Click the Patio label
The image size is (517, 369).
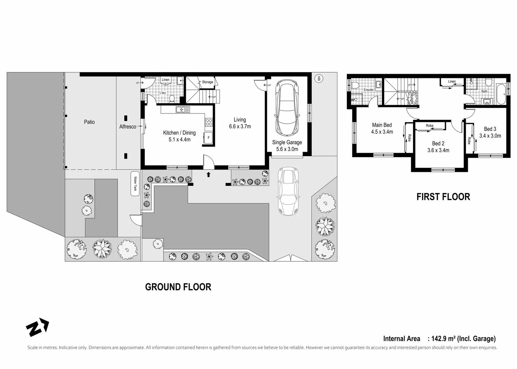pos(89,122)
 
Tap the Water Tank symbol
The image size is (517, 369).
pos(135,184)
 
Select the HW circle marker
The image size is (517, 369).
pos(319,79)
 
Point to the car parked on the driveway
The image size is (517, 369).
pos(288,191)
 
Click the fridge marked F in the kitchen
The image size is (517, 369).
pos(208,138)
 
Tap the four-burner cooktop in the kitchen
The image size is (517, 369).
pos(209,122)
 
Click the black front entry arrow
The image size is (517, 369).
pos(208,175)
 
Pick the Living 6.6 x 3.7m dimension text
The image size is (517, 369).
pos(240,126)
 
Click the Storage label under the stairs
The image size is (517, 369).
pos(207,82)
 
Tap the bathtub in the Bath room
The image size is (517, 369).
pos(501,94)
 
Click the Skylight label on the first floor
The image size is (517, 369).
pos(411,98)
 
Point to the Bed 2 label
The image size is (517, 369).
pos(438,143)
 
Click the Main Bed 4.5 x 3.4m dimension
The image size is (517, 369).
pos(382,132)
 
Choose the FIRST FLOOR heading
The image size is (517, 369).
pos(443,197)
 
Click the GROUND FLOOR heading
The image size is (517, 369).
pos(178,287)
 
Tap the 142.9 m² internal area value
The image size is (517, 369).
pos(443,339)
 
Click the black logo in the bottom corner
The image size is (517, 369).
pos(37,327)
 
